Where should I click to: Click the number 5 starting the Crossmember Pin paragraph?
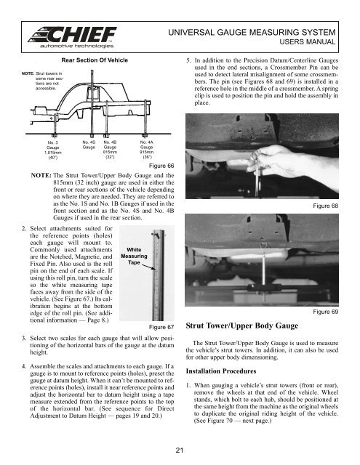[189, 62]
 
